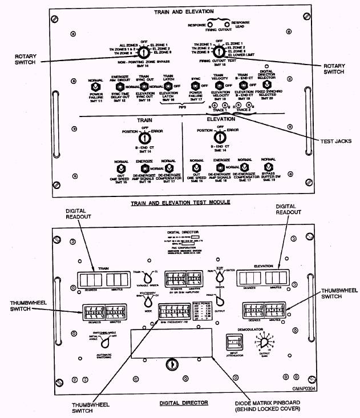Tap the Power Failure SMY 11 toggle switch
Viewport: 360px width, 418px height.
point(96,87)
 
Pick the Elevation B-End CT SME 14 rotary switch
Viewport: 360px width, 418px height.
point(216,138)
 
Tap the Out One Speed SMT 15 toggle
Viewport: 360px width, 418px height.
point(121,169)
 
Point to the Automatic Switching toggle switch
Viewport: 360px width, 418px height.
point(104,342)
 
